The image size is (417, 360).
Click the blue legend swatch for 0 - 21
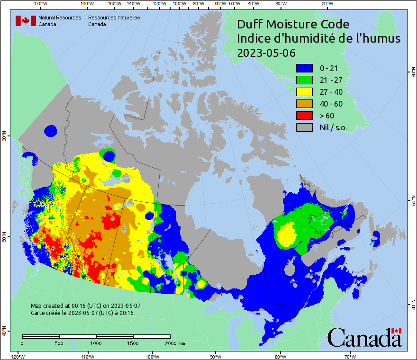(x=304, y=68)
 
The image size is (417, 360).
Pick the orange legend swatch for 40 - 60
(x=304, y=104)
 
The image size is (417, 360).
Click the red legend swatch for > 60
(x=304, y=116)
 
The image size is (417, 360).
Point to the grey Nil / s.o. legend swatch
(x=304, y=127)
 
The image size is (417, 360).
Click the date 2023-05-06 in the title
(x=266, y=53)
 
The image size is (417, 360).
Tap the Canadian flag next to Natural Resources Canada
(x=26, y=20)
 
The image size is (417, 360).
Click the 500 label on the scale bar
(x=59, y=343)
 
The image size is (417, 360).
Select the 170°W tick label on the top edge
(x=41, y=4)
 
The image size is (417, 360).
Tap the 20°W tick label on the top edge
(x=326, y=4)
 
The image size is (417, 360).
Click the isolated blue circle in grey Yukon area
(x=50, y=130)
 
